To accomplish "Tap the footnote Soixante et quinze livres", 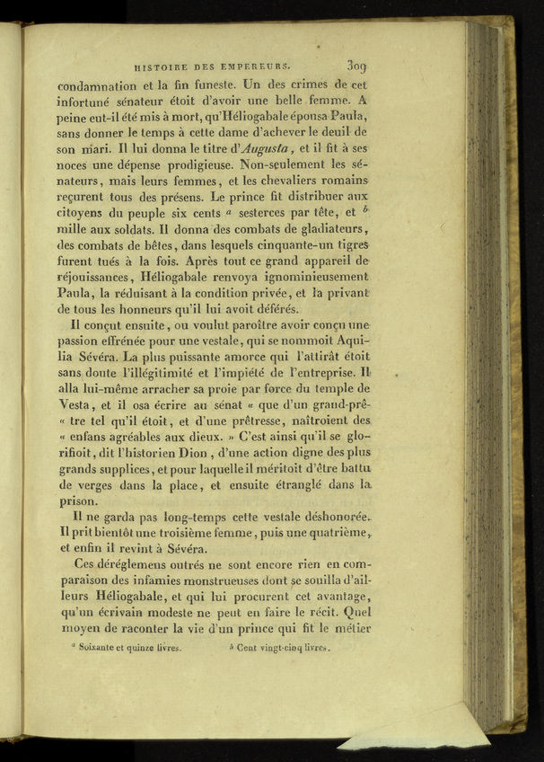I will [x=129, y=647].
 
